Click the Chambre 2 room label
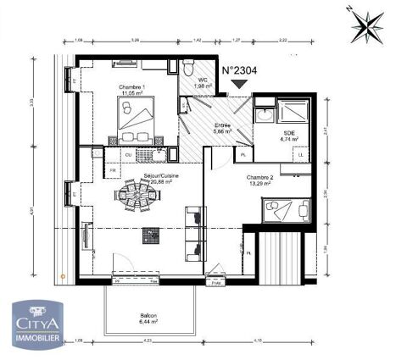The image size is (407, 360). point(259,178)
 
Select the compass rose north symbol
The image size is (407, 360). point(367,25)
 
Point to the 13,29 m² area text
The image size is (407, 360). point(259,185)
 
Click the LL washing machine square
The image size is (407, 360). point(300,155)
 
